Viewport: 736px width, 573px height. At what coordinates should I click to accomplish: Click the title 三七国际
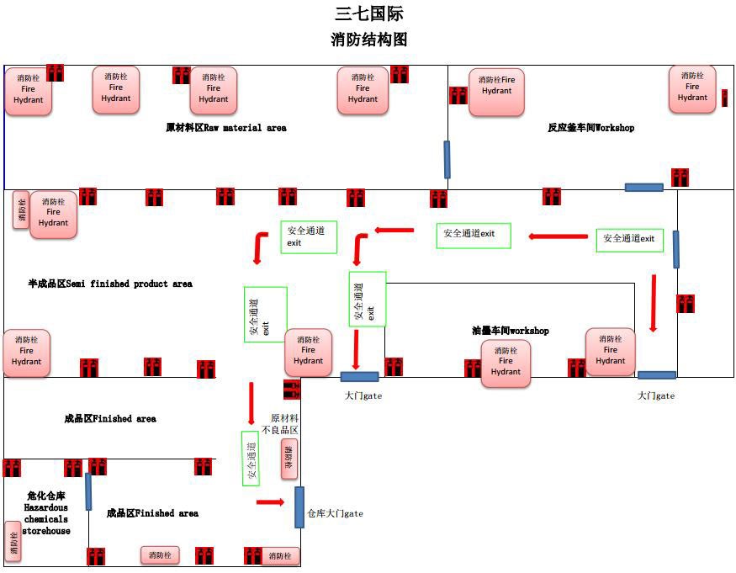(x=368, y=13)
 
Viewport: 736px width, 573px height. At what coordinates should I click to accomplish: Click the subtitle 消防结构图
(x=368, y=40)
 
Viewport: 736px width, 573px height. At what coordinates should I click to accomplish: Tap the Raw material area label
(x=225, y=128)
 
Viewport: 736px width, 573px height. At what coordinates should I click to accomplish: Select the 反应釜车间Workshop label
(x=590, y=128)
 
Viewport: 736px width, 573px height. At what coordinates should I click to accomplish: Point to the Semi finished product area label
(x=109, y=284)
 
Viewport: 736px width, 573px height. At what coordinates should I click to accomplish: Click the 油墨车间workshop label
(x=510, y=331)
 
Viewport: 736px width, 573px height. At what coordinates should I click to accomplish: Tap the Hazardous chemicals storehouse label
(x=45, y=513)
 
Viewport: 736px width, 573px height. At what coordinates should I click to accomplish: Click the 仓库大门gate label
(x=335, y=513)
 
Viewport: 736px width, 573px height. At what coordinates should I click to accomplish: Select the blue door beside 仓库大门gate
(x=299, y=507)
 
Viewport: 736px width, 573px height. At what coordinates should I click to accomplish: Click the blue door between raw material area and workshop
(x=447, y=159)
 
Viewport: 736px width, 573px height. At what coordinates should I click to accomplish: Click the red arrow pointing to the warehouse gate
(x=270, y=502)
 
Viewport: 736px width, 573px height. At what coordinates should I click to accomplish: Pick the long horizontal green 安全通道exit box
(x=473, y=235)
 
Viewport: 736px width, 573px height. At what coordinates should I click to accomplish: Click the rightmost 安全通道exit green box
(x=629, y=239)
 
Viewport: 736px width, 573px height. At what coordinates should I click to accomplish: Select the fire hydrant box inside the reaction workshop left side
(x=496, y=92)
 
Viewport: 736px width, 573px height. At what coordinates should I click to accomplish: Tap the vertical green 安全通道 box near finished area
(x=250, y=458)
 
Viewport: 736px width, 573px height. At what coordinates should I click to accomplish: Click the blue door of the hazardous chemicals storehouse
(x=87, y=491)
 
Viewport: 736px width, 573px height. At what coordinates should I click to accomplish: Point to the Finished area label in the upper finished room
(x=109, y=418)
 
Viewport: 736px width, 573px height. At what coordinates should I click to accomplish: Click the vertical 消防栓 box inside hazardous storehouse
(x=13, y=541)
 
